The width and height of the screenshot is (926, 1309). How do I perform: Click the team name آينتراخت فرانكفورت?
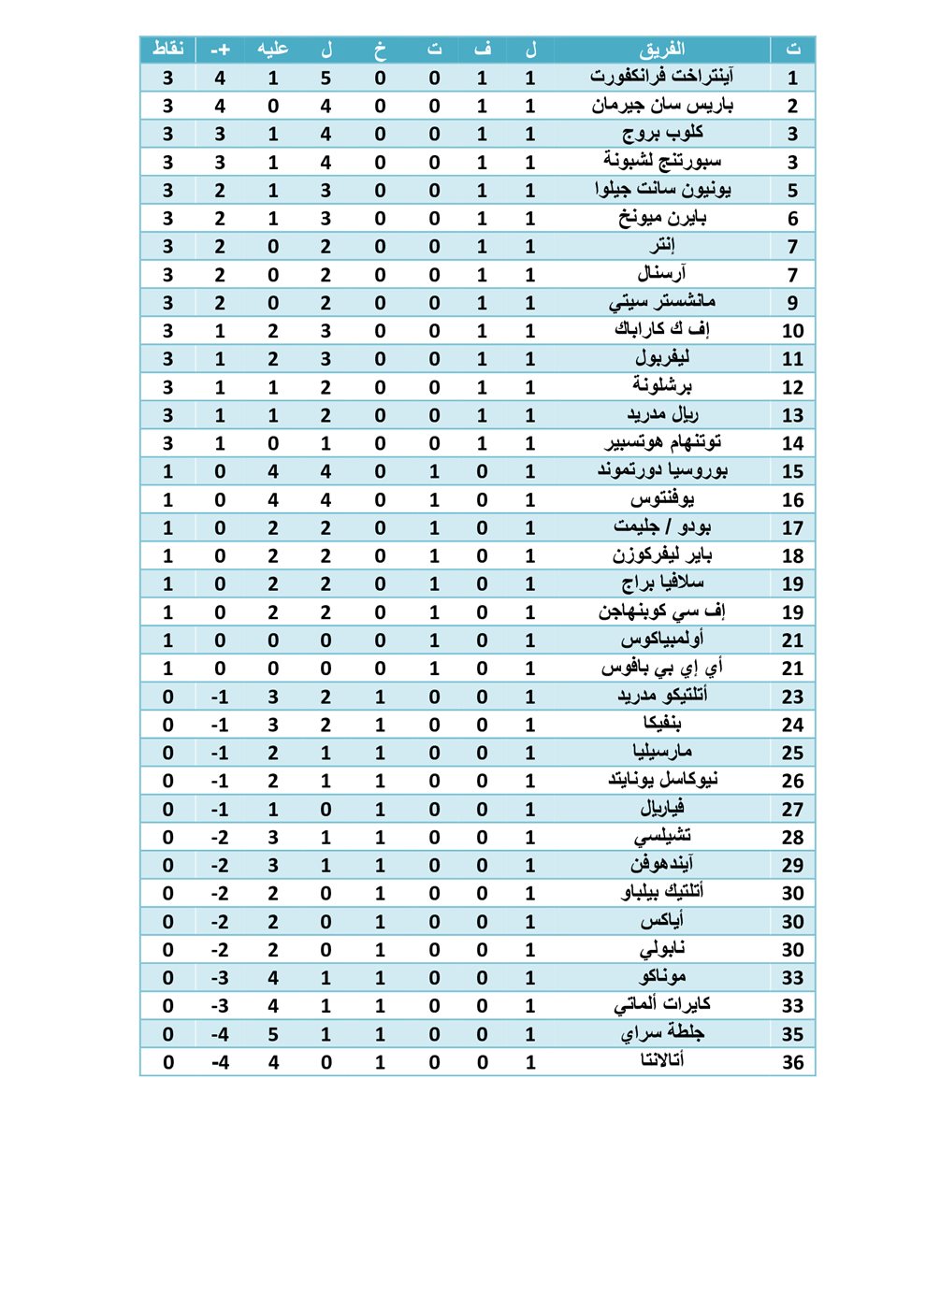662,77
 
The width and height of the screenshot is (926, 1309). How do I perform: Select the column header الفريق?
662,49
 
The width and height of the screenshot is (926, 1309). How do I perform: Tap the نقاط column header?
168,49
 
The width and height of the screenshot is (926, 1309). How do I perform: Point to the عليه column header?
273,49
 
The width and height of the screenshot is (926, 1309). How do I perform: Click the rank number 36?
792,1062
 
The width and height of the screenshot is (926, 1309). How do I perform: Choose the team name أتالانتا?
662,1060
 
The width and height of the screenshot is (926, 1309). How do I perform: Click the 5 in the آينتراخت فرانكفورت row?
326,79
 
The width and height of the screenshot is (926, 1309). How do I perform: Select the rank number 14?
792,443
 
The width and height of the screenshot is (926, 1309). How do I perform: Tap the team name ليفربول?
662,358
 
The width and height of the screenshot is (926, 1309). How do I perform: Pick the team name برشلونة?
662,385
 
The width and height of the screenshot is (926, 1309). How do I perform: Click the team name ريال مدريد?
662,414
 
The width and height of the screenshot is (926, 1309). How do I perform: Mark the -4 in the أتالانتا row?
220,1062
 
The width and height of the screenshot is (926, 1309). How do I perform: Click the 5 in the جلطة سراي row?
273,1034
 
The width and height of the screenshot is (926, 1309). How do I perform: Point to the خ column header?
380,49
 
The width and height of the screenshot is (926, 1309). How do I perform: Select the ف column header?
482,49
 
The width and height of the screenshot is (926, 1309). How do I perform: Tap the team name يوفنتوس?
662,499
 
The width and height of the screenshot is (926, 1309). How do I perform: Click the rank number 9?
792,303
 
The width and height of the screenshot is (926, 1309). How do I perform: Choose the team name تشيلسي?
662,837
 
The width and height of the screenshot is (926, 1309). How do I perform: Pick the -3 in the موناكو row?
220,978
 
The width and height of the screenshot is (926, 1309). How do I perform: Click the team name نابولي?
662,949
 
